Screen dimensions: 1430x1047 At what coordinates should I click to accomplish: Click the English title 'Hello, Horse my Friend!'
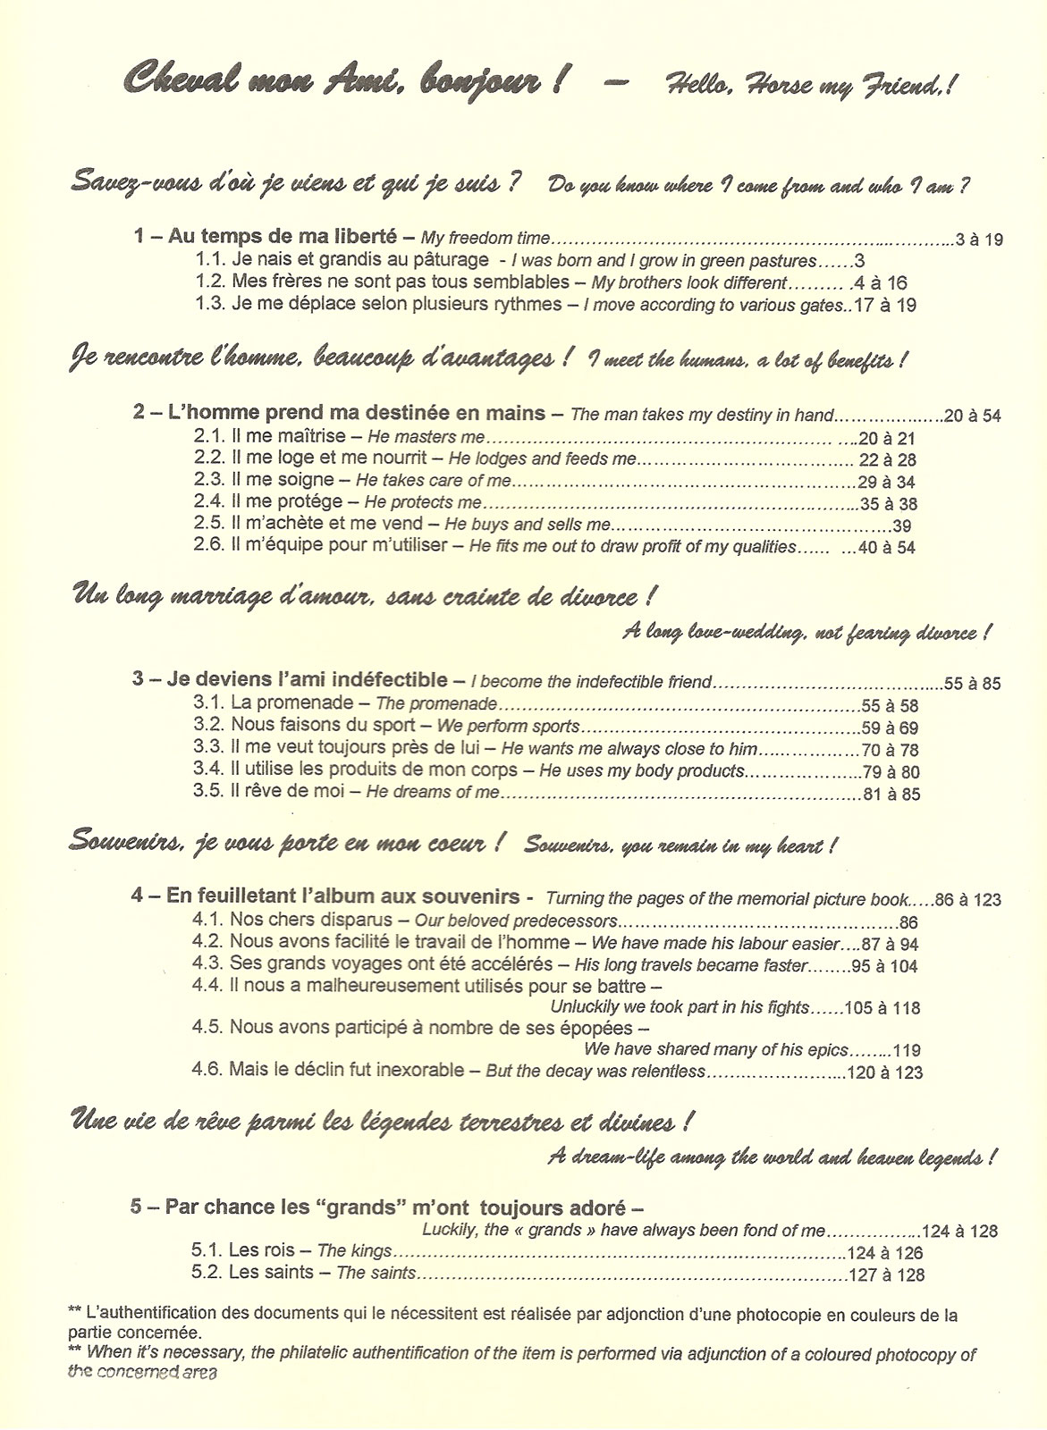point(811,87)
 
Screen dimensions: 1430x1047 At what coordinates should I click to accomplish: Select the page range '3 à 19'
point(979,239)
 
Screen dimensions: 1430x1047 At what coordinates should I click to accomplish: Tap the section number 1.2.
point(210,282)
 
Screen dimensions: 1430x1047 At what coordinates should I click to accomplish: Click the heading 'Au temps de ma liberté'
point(283,237)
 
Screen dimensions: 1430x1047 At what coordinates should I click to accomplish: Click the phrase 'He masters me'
point(426,438)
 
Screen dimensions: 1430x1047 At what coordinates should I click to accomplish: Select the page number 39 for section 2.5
point(901,526)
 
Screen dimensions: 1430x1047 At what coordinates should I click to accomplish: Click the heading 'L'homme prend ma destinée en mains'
point(357,414)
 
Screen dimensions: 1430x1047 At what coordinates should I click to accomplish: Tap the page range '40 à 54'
point(886,548)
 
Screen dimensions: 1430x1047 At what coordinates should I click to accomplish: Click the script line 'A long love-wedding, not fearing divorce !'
point(806,633)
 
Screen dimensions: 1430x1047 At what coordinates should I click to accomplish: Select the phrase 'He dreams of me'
point(432,793)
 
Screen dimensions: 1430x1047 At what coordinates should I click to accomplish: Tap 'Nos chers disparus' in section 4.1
point(310,920)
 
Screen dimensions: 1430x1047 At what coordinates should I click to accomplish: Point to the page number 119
point(906,1051)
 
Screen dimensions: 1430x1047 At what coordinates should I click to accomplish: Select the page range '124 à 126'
point(885,1253)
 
